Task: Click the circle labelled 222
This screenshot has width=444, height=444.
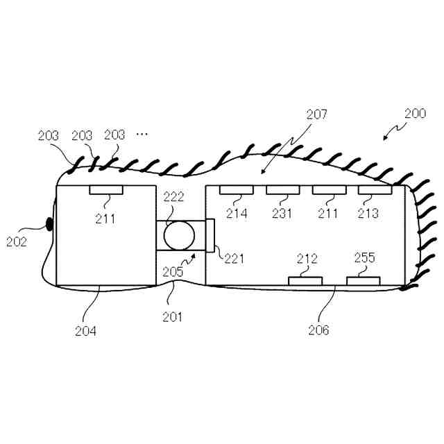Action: [x=180, y=235]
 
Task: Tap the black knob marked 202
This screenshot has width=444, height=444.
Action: [x=49, y=223]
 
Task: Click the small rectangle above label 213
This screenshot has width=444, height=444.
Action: [x=375, y=189]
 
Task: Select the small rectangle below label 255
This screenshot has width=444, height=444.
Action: [x=364, y=280]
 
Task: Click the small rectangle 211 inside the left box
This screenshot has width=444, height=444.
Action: [x=104, y=189]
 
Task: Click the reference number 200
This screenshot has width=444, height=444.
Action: [x=416, y=114]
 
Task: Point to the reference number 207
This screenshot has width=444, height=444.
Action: [x=315, y=114]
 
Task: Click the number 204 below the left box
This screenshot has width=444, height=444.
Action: [x=86, y=330]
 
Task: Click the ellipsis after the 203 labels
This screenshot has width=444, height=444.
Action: [x=142, y=134]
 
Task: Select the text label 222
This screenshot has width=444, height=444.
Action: [x=173, y=197]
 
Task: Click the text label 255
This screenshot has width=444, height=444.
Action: [x=364, y=259]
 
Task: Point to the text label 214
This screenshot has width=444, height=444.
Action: [x=237, y=214]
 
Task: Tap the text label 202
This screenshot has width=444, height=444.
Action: [x=16, y=242]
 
